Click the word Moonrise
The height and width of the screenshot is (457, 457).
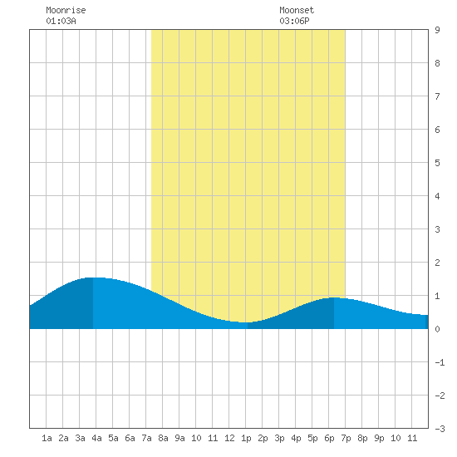pos(66,10)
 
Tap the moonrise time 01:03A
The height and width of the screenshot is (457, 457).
pos(61,21)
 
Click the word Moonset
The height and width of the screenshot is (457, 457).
pos(297,10)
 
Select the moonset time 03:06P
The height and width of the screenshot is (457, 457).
pos(294,21)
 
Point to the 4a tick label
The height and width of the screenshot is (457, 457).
pos(96,438)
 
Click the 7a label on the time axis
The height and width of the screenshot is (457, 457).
pos(146,438)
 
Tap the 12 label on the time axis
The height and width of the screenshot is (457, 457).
pos(229,438)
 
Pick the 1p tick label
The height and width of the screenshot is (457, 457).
pos(246,438)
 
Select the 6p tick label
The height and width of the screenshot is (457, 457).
pos(329,438)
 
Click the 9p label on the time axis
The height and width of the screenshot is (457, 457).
pos(379,438)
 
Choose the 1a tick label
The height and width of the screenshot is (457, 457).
pos(47,438)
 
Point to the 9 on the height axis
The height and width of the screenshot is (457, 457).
pos(437,30)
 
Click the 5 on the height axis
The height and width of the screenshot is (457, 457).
pos(437,163)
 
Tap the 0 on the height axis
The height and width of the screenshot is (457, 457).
pos(437,329)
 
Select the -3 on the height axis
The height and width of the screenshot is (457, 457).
pos(440,429)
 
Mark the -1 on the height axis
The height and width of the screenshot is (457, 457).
pos(440,362)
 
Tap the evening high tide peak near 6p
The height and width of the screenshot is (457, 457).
pos(334,297)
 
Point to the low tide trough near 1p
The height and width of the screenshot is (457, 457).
pos(244,322)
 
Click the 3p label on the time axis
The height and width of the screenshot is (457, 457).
pos(279,438)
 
